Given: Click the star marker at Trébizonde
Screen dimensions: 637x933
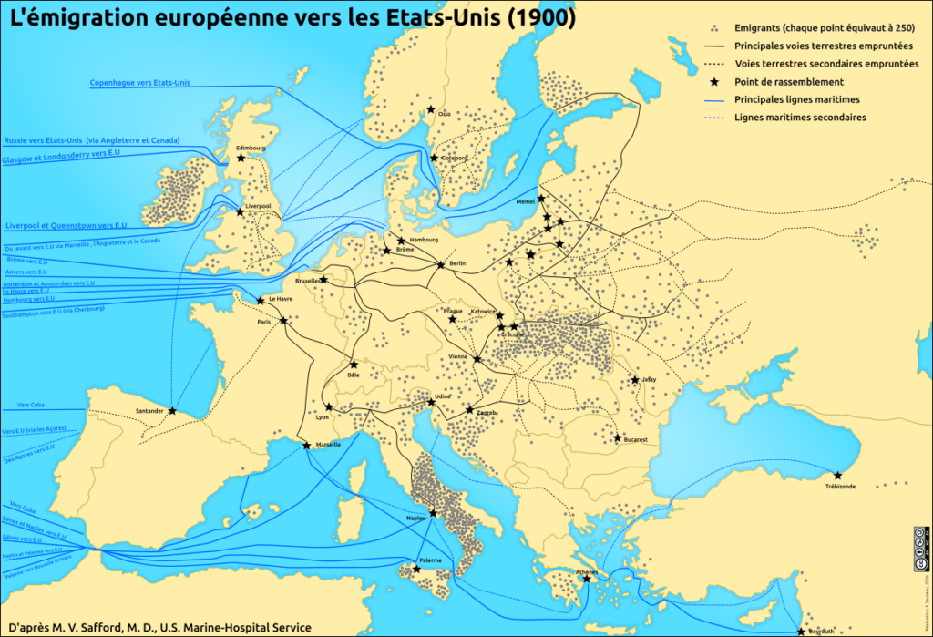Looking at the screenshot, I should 837,475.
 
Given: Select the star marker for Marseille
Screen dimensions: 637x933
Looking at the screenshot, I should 306,446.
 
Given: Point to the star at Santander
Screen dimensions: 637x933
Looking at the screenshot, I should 172,411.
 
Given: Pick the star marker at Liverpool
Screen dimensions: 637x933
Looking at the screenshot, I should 240,211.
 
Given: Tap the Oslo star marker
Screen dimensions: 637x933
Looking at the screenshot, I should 432,110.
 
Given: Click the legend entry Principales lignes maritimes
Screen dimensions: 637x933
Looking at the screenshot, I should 797,99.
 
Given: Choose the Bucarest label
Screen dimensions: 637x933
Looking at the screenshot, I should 635,439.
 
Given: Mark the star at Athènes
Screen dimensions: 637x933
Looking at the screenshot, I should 588,579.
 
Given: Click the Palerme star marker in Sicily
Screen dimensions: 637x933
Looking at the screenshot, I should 416,569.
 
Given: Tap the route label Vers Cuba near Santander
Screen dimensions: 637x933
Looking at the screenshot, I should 31,404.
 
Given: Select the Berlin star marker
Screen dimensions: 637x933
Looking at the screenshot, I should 441,265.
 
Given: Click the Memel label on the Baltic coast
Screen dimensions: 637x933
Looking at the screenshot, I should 526,201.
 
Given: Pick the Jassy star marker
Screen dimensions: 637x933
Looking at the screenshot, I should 635,380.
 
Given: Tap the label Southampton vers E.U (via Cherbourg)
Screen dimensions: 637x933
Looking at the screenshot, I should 53,312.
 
